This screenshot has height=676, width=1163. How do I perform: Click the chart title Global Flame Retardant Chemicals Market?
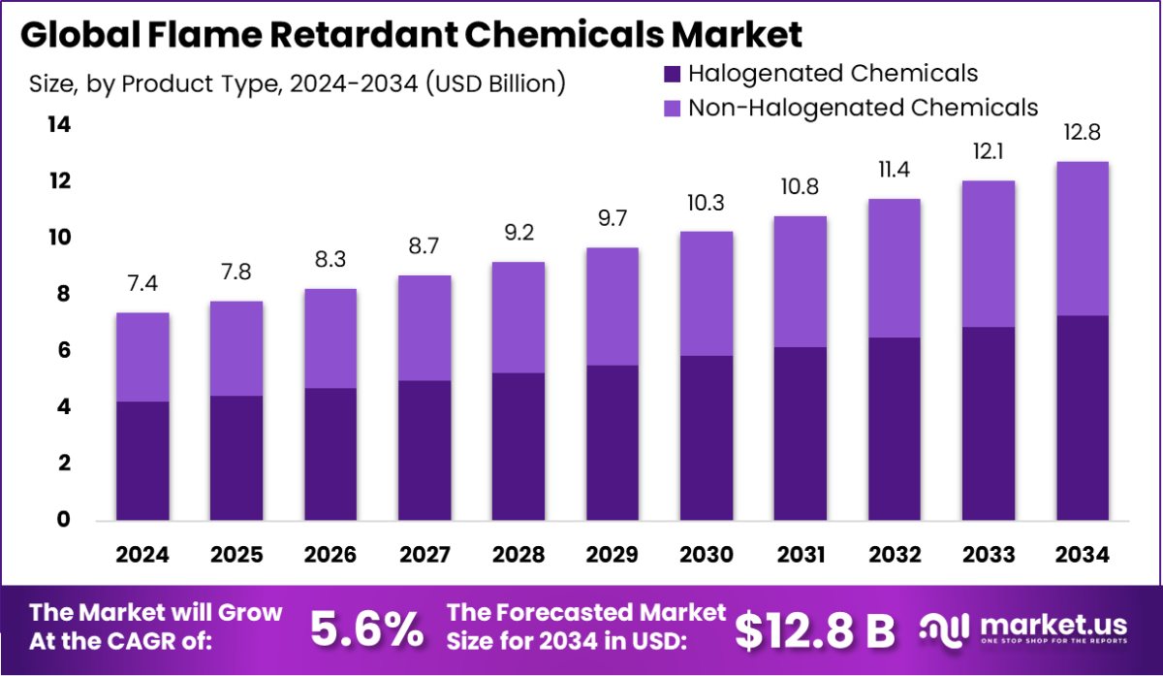click(411, 36)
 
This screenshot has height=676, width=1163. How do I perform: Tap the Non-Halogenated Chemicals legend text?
click(863, 108)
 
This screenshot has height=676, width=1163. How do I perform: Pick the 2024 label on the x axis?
click(142, 555)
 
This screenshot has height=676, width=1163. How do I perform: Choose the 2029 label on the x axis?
click(612, 555)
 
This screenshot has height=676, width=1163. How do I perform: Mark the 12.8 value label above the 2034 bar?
click(1082, 133)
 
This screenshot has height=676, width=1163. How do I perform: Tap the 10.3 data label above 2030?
click(706, 204)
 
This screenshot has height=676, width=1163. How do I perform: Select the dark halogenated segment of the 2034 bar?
click(1082, 418)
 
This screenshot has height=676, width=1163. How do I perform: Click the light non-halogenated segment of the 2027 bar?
click(424, 328)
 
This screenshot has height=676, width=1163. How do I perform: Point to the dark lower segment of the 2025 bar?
click(236, 458)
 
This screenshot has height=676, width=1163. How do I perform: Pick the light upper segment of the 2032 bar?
click(894, 268)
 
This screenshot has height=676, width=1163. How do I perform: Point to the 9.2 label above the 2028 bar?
click(518, 234)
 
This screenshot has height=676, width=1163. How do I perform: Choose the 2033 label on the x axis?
click(988, 555)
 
